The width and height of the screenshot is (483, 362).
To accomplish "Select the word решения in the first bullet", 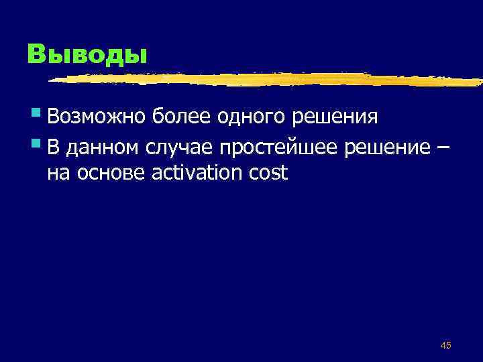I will (341, 117).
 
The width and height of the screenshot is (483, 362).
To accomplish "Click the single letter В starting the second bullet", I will (53, 145).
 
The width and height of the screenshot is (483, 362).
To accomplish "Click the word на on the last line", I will (57, 174).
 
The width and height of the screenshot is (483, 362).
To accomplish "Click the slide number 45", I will (445, 345).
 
